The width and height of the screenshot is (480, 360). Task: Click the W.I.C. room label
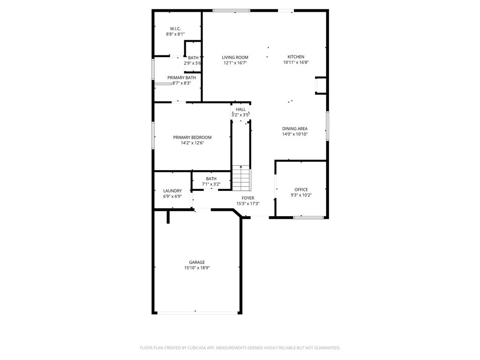[x=175, y=29]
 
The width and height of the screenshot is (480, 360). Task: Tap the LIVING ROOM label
[x=235, y=57]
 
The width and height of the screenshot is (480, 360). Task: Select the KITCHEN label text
[x=296, y=57]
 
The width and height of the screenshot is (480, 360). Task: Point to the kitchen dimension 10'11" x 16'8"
[x=296, y=62]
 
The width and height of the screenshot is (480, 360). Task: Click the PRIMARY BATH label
[x=181, y=77]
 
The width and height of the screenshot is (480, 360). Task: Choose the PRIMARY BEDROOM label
[x=192, y=137]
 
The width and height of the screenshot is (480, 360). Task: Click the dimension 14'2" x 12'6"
[x=192, y=143]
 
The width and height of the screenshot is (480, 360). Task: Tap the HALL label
[x=240, y=109]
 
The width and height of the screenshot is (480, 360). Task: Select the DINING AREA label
[x=295, y=128]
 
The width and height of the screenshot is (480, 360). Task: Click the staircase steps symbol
[x=241, y=178]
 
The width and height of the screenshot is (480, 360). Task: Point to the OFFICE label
[x=301, y=189]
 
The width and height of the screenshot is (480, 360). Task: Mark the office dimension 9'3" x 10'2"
[x=301, y=195]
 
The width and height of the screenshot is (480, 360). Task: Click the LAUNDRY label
[x=172, y=191]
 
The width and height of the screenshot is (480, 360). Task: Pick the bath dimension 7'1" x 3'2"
[x=211, y=184]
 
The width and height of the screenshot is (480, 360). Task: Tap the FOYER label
[x=248, y=198]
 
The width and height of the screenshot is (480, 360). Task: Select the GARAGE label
[x=197, y=262]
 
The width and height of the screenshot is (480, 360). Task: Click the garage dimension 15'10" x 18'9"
[x=197, y=268]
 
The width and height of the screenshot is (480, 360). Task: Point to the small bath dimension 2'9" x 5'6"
[x=192, y=63]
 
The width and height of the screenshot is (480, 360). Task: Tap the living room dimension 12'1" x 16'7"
[x=235, y=63]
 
